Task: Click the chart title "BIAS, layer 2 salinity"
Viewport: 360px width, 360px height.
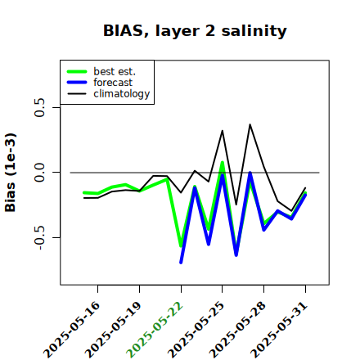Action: (195, 31)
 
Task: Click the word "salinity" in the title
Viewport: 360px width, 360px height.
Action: (254, 31)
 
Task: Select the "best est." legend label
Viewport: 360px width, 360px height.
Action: (115, 71)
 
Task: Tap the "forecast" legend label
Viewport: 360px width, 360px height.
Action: (113, 83)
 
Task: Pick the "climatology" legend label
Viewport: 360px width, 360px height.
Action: (122, 94)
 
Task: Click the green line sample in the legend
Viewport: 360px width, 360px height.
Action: (77, 71)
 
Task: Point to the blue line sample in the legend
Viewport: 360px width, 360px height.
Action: (77, 83)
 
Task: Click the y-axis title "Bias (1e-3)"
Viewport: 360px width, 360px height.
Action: (11, 173)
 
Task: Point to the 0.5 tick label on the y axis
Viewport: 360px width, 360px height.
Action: (39, 107)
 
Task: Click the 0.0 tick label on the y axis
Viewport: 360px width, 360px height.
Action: (39, 173)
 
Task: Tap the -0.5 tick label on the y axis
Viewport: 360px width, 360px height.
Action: (39, 237)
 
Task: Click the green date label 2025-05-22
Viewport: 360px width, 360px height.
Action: (155, 330)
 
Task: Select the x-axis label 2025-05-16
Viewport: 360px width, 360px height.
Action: (71, 330)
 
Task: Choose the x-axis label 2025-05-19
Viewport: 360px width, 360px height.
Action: (113, 330)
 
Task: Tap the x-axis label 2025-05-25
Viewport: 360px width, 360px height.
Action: (196, 330)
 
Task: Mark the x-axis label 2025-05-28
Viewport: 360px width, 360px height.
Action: (237, 330)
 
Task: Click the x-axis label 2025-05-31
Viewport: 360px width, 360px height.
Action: (279, 330)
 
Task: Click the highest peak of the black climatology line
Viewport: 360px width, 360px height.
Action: (250, 124)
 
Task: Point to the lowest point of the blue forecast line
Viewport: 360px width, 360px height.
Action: (181, 263)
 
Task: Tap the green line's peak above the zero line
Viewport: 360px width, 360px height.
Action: (223, 163)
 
